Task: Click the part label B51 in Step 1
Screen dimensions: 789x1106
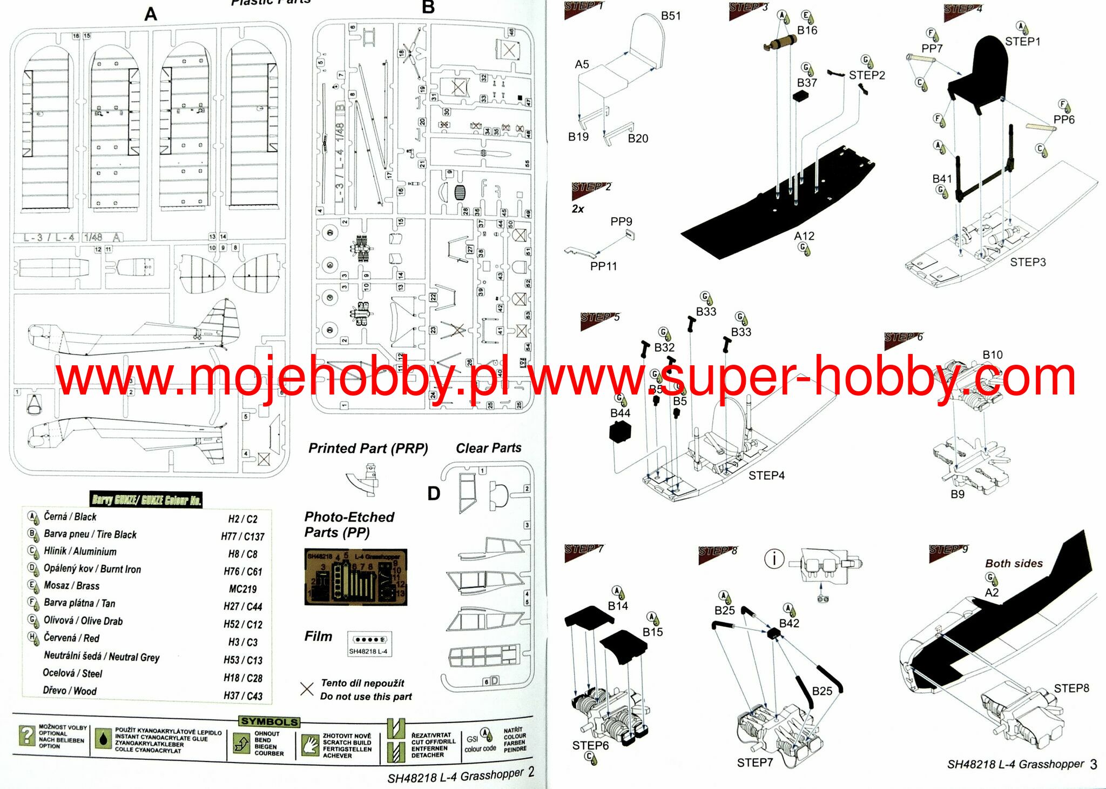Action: [x=671, y=16]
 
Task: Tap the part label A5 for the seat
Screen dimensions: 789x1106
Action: [x=582, y=65]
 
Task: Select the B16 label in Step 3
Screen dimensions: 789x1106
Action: [x=807, y=31]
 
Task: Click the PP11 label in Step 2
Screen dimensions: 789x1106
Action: [x=603, y=266]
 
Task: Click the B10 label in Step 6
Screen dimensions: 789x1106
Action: [x=992, y=355]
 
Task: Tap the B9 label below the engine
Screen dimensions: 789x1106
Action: [x=957, y=494]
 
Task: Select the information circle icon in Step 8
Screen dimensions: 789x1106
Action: [x=774, y=558]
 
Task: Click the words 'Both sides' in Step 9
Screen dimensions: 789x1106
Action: [x=1014, y=563]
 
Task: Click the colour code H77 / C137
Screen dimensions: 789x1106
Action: [x=242, y=537]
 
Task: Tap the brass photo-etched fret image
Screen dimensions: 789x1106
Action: [x=355, y=577]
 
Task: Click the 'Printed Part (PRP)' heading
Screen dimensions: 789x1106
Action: [x=368, y=449]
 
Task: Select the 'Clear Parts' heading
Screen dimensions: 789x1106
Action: [x=488, y=448]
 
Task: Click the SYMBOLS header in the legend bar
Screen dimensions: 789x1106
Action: [x=269, y=721]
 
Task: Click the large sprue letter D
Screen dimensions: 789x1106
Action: [x=434, y=493]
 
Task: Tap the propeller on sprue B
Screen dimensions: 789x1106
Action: [x=482, y=153]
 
